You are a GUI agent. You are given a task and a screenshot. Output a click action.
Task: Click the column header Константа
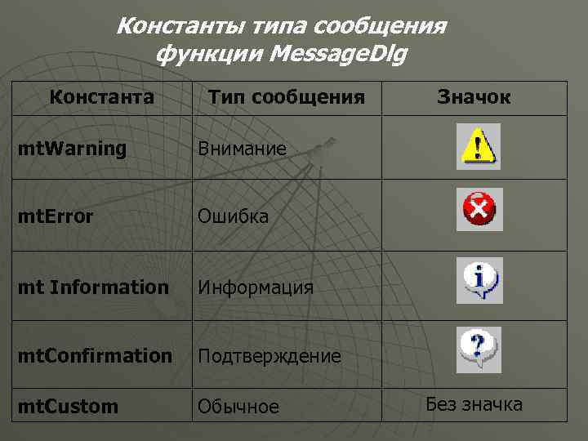[102, 98]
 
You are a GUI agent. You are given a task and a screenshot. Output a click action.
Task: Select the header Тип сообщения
[286, 98]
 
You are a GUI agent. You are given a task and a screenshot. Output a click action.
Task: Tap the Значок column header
[474, 98]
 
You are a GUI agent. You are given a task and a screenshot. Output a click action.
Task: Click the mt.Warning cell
[74, 149]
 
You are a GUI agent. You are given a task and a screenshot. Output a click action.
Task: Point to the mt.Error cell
[57, 217]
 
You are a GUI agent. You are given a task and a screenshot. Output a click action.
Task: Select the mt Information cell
[94, 287]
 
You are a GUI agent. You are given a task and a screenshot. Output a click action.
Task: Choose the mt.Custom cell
[69, 407]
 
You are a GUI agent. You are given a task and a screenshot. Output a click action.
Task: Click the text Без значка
[474, 404]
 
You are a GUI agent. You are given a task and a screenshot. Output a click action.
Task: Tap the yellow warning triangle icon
[479, 146]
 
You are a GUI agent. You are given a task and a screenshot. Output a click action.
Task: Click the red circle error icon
[479, 210]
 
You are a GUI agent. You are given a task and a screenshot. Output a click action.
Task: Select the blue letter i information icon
[479, 280]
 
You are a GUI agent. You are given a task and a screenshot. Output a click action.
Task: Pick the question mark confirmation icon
[479, 349]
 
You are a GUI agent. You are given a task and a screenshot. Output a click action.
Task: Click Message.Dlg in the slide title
[338, 55]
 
